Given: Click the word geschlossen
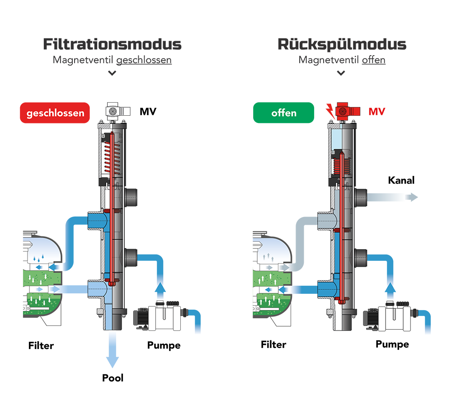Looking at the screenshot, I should tap(56, 113).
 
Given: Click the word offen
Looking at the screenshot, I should tap(284, 113).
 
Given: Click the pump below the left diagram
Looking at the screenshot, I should tap(158, 312).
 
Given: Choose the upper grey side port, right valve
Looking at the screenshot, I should tap(361, 196).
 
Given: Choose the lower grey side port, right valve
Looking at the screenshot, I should tap(361, 258).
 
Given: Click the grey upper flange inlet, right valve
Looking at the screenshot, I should tap(326, 221).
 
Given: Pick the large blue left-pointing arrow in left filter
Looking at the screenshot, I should tap(54, 268).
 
